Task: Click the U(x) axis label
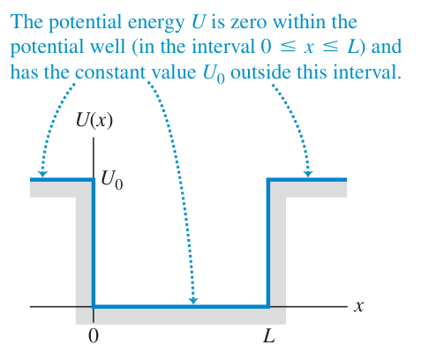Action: tap(94, 120)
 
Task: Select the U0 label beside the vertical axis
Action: tap(112, 180)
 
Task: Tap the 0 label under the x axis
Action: tap(94, 336)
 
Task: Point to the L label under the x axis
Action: tap(269, 335)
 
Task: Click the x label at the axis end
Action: tap(358, 306)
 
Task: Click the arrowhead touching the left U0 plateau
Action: tap(43, 174)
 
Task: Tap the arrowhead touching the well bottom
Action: tap(193, 300)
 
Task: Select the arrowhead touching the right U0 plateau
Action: tap(308, 174)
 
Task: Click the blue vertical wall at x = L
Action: tap(268, 243)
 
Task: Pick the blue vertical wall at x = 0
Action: tap(94, 243)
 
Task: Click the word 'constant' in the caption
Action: tap(110, 72)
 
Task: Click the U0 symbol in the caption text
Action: tap(214, 73)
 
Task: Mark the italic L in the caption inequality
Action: tap(353, 47)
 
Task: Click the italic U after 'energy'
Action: tap(198, 22)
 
